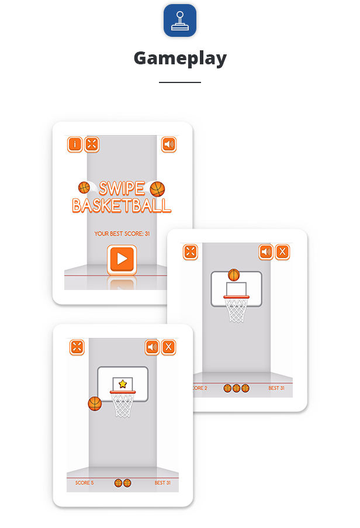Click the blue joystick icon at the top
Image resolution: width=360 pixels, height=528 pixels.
[180, 20]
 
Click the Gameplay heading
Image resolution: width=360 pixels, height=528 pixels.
[180, 58]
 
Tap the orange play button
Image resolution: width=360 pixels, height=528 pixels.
[122, 258]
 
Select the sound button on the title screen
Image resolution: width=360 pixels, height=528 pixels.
[168, 144]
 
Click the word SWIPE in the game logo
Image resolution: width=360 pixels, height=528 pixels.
[122, 188]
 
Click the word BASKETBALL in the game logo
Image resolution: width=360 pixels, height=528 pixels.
[122, 205]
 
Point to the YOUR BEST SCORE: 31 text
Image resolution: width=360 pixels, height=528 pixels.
[122, 233]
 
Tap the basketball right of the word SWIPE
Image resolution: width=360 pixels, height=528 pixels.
[157, 189]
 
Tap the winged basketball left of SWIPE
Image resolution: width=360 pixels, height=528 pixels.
[84, 187]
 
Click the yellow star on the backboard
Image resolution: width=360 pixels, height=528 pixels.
[123, 384]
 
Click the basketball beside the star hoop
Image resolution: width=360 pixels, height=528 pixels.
[95, 403]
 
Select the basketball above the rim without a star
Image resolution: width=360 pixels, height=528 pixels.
[234, 275]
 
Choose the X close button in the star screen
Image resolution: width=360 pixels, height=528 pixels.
[168, 347]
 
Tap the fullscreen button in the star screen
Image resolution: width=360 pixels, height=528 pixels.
[77, 347]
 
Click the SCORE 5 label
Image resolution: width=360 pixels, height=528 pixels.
[85, 482]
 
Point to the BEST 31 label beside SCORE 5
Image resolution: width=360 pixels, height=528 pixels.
[162, 482]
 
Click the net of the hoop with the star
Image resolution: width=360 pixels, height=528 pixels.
[123, 405]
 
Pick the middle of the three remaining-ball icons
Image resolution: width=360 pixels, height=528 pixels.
[237, 388]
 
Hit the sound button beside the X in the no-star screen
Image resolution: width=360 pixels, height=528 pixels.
[266, 251]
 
